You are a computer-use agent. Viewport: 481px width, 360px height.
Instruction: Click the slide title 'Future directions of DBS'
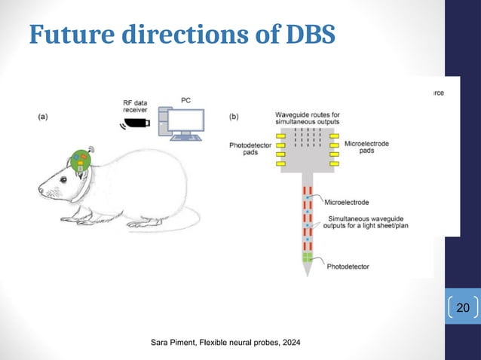coord(181,34)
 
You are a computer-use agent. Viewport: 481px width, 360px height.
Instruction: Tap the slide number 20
coord(463,308)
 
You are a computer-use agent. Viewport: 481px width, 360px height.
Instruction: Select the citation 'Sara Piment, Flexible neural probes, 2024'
coord(225,343)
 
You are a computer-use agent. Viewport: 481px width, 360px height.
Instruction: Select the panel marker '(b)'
coord(235,117)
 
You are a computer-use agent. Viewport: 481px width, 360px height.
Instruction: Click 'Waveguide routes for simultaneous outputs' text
coord(307,117)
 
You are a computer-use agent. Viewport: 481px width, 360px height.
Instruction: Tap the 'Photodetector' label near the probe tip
coord(351,266)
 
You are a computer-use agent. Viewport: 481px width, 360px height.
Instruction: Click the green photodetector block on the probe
coord(307,258)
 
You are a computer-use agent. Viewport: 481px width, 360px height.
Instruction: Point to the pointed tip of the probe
coord(307,276)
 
